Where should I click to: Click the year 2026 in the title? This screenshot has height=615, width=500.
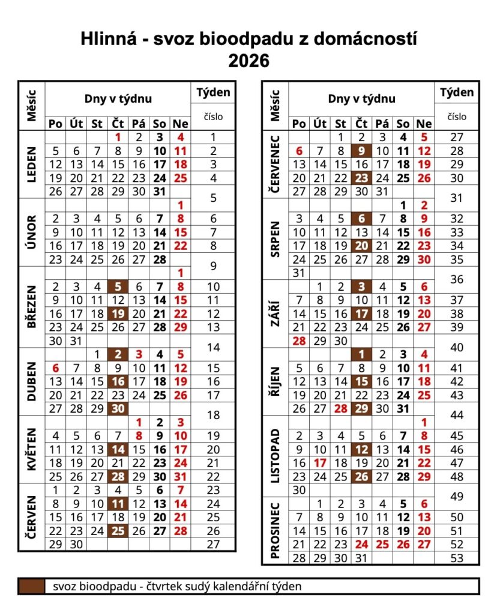pyautogui.click(x=249, y=61)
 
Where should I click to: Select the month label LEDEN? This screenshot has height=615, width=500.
pyautogui.click(x=31, y=165)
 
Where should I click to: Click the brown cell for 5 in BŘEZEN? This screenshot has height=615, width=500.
pyautogui.click(x=118, y=287)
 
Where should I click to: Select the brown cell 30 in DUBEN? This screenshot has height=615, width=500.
pyautogui.click(x=118, y=408)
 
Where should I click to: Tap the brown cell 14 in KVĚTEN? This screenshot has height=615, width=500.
pyautogui.click(x=118, y=449)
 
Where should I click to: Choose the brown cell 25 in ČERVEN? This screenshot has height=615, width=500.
pyautogui.click(x=118, y=530)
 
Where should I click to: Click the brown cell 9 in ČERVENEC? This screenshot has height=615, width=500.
pyautogui.click(x=361, y=151)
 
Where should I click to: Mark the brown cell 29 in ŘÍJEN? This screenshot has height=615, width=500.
pyautogui.click(x=361, y=408)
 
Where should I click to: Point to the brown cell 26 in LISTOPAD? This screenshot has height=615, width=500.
pyautogui.click(x=361, y=476)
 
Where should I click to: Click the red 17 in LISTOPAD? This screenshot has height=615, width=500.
pyautogui.click(x=320, y=463)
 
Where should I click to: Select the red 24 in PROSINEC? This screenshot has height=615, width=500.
pyautogui.click(x=361, y=544)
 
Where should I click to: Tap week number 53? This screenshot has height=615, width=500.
pyautogui.click(x=456, y=558)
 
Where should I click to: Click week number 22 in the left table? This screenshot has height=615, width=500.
pyautogui.click(x=213, y=476)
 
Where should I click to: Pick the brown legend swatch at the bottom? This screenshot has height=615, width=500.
pyautogui.click(x=31, y=586)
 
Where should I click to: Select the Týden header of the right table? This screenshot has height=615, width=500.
pyautogui.click(x=456, y=92)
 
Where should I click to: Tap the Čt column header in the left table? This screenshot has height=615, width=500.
pyautogui.click(x=118, y=124)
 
